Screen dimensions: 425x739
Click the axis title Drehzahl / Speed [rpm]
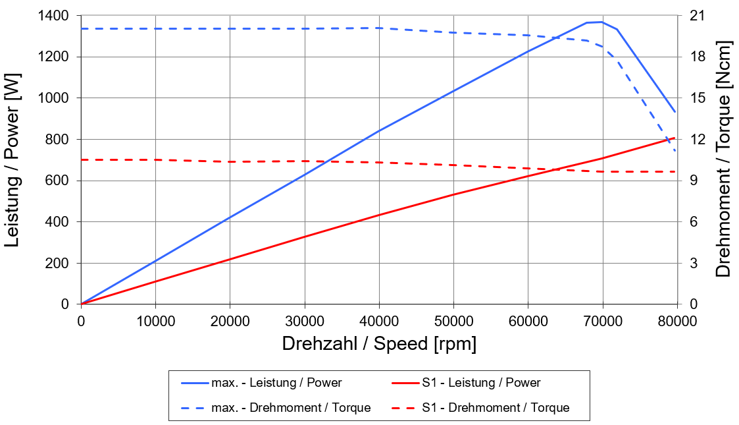379,344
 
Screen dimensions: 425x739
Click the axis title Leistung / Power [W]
13,160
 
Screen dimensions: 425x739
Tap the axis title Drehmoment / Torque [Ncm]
723,160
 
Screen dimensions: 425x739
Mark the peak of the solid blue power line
601,22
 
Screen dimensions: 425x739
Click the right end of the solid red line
676,137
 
